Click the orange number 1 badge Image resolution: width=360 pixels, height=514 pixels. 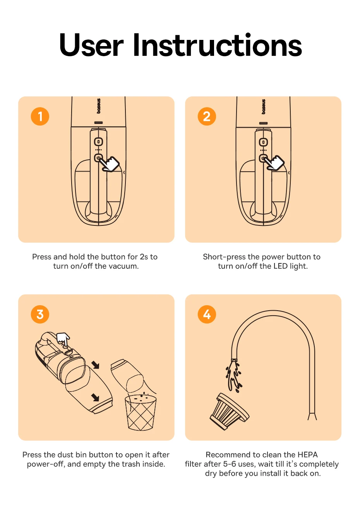coord(40,116)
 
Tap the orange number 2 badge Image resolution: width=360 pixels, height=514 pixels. coord(207,116)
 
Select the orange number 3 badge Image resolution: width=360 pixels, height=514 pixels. coord(40,315)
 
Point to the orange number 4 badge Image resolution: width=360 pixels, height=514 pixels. coord(207,315)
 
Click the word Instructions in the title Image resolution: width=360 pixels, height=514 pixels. coord(218,45)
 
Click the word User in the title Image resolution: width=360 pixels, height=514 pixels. coord(91,45)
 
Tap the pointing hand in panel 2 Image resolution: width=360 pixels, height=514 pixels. coord(275,163)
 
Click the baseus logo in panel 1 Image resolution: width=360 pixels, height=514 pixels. coord(99,106)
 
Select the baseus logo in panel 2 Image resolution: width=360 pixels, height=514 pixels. coord(264,107)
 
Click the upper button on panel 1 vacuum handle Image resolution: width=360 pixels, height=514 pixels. coord(98,142)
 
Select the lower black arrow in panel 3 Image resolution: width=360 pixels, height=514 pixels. coord(95,397)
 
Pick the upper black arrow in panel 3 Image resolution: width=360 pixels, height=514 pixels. coord(95,364)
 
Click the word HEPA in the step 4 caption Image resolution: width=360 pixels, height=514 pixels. coord(307,455)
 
